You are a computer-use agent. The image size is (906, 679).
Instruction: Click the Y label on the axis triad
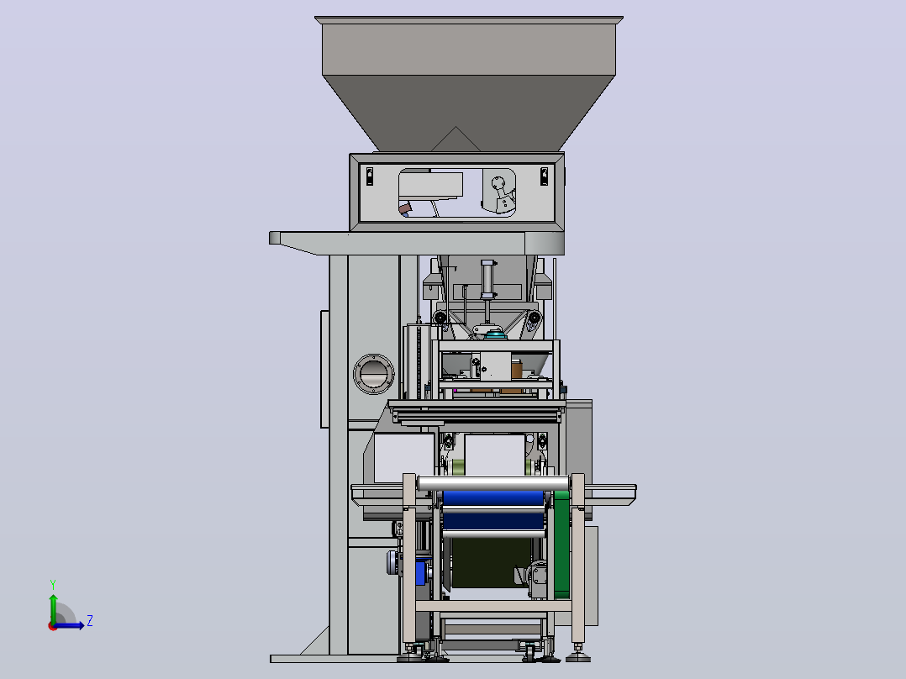(x=53, y=584)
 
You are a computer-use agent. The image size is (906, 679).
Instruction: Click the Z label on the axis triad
(x=90, y=621)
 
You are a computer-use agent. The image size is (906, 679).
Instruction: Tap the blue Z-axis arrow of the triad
(x=69, y=625)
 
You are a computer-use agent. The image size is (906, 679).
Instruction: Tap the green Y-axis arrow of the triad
(x=53, y=609)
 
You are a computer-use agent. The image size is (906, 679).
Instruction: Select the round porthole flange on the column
(x=374, y=374)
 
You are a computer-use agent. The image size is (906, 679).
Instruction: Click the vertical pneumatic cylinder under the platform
(x=487, y=280)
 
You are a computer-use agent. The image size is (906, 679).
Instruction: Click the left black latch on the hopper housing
(x=370, y=176)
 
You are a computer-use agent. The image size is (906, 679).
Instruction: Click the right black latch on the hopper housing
(x=544, y=176)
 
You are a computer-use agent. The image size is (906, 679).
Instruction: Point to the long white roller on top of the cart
(x=493, y=484)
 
